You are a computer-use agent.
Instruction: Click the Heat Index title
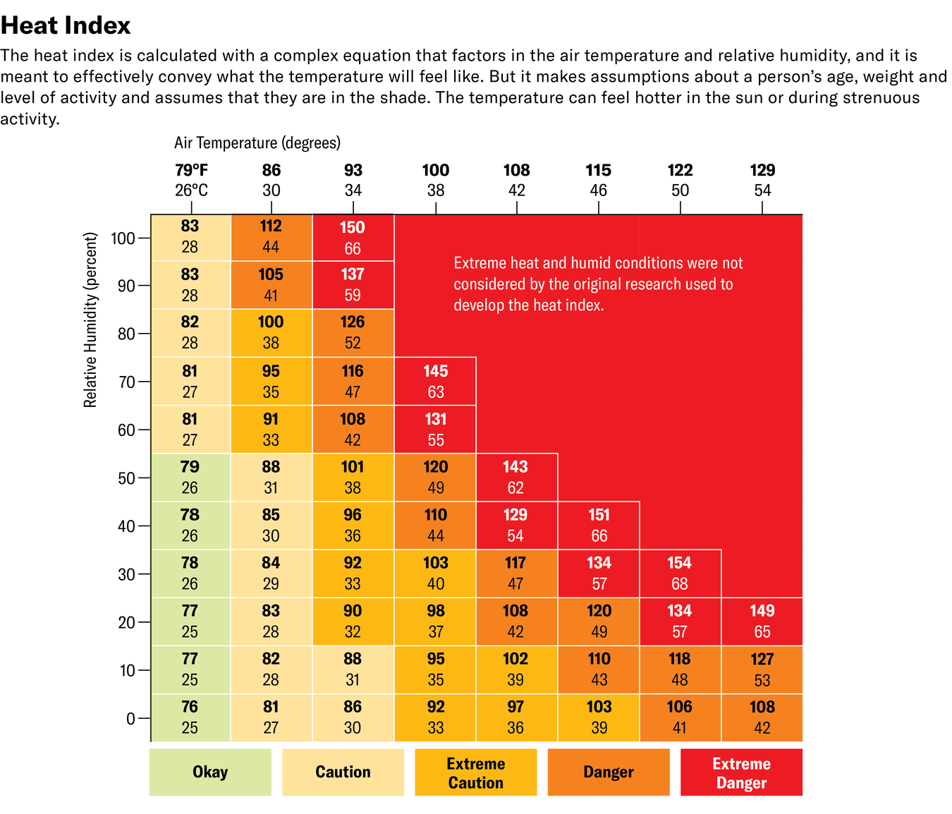pyautogui.click(x=66, y=25)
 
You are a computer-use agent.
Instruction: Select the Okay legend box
pyautogui.click(x=210, y=772)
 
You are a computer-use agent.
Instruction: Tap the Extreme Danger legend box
pyautogui.click(x=741, y=772)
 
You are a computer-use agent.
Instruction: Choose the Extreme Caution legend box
pyautogui.click(x=476, y=772)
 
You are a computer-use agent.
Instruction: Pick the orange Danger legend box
pyautogui.click(x=609, y=772)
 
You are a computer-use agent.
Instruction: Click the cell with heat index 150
pyautogui.click(x=353, y=238)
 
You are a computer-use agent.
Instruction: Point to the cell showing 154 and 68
pyautogui.click(x=680, y=573)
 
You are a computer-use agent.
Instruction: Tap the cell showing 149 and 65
pyautogui.click(x=762, y=621)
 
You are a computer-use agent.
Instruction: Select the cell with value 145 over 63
pyautogui.click(x=435, y=382)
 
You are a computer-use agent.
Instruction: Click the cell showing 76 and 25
pyautogui.click(x=190, y=717)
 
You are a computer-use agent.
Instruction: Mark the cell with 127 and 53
pyautogui.click(x=762, y=669)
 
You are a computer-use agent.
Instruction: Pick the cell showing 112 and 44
pyautogui.click(x=271, y=236)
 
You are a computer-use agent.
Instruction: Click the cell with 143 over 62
pyautogui.click(x=516, y=478)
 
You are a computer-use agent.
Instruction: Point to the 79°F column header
pyautogui.click(x=191, y=180)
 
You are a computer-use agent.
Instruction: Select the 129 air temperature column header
pyautogui.click(x=762, y=180)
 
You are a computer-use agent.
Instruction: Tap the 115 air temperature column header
pyautogui.click(x=599, y=180)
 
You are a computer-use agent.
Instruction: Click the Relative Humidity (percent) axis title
pyautogui.click(x=90, y=320)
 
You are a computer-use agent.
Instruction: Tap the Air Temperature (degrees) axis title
pyautogui.click(x=257, y=142)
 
